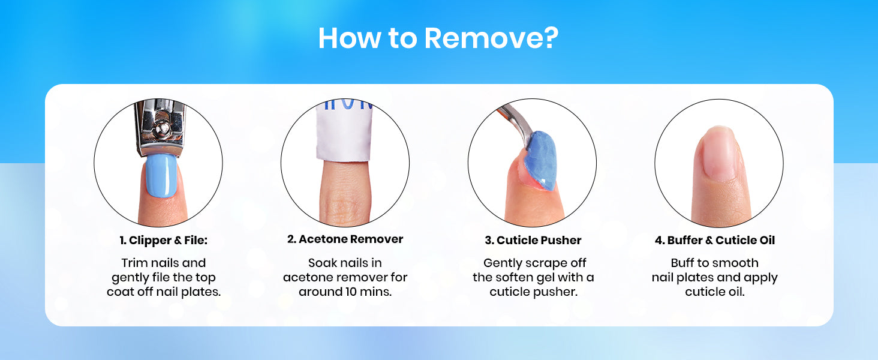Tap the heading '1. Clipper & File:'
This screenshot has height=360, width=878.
(164, 240)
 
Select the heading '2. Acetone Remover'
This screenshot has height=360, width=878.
(345, 239)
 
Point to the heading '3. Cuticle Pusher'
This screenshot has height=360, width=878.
(533, 240)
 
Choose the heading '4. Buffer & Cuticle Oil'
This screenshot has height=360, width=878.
(715, 240)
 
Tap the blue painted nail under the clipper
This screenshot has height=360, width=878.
(161, 175)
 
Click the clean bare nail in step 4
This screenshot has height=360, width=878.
(718, 155)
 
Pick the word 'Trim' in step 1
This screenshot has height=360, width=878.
(134, 263)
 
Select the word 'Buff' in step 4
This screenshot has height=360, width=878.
(682, 263)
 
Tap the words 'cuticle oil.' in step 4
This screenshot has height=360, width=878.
(715, 292)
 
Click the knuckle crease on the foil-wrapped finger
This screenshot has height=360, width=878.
(344, 204)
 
